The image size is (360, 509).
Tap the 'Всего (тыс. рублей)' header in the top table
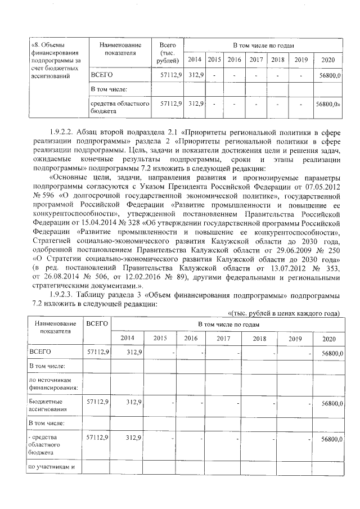168,52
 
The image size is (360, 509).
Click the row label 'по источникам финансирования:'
53,384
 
